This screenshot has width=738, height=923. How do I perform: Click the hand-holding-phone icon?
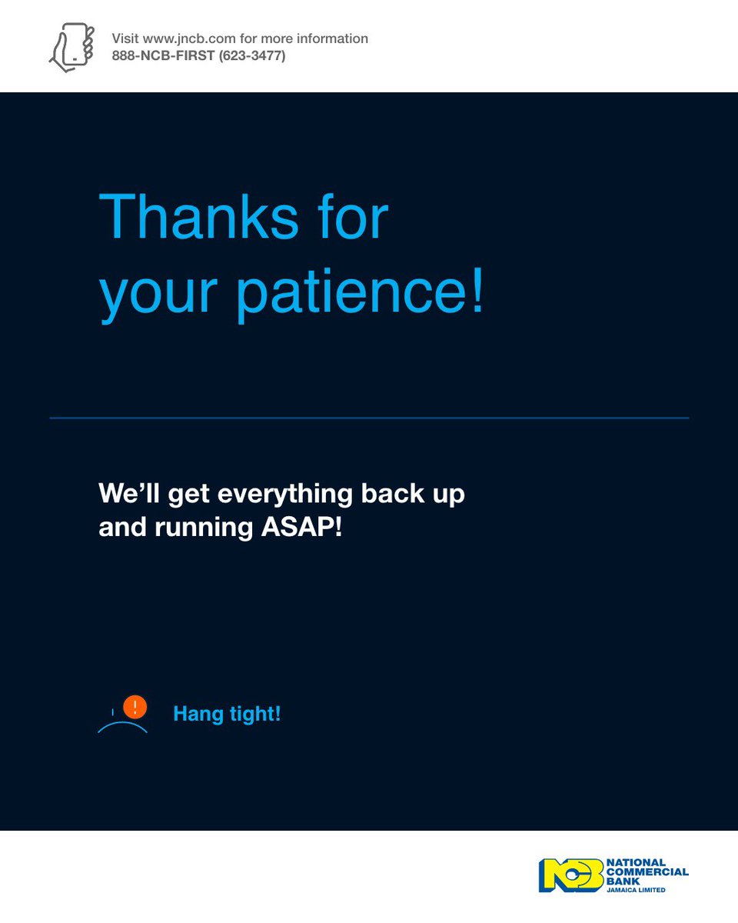(71, 47)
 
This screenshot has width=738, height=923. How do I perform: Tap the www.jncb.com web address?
(184, 38)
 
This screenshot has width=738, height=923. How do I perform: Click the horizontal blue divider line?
(369, 418)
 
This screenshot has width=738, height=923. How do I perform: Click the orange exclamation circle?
(135, 706)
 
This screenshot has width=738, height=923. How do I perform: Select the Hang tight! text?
(227, 714)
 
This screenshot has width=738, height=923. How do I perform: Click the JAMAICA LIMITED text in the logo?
(635, 890)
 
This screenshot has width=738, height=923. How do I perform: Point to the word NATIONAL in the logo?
(636, 863)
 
